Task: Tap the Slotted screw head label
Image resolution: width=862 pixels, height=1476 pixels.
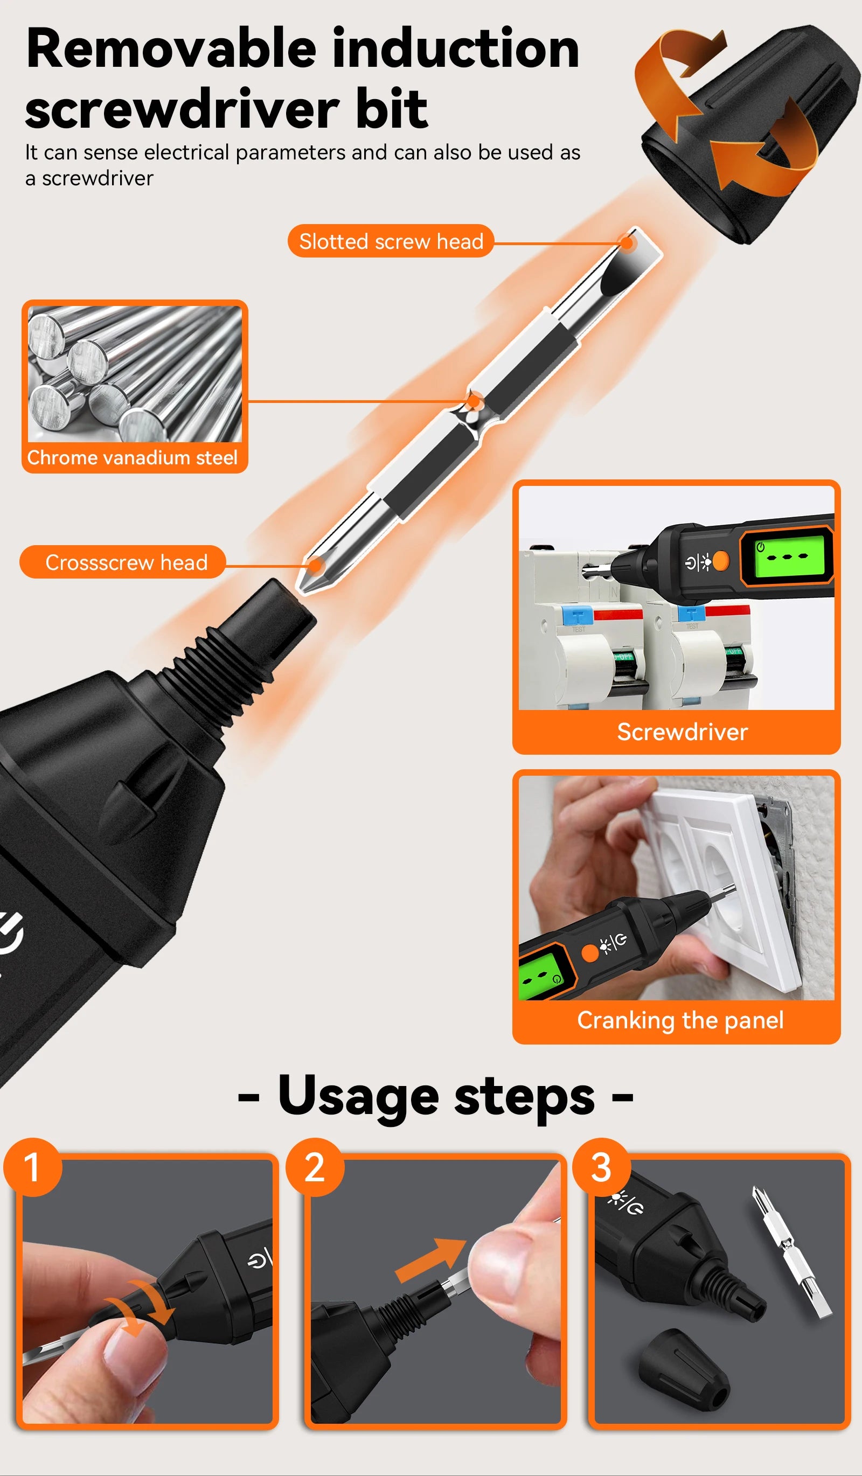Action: pyautogui.click(x=391, y=241)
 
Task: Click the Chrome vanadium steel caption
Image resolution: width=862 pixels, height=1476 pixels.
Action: pyautogui.click(x=133, y=457)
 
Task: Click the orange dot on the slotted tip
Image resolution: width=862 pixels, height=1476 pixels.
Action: pyautogui.click(x=627, y=242)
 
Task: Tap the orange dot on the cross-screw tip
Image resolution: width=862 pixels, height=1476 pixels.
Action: pyautogui.click(x=316, y=565)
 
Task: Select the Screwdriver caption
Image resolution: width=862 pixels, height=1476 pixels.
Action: pyautogui.click(x=682, y=732)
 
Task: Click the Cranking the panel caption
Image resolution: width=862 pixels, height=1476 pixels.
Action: pyautogui.click(x=680, y=1020)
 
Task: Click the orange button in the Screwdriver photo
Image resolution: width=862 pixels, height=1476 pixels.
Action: pyautogui.click(x=720, y=561)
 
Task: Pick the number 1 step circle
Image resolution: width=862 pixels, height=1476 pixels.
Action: pyautogui.click(x=33, y=1167)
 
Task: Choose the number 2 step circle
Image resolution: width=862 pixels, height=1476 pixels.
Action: pyautogui.click(x=315, y=1167)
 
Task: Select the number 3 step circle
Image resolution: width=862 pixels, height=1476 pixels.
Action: pyautogui.click(x=601, y=1167)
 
